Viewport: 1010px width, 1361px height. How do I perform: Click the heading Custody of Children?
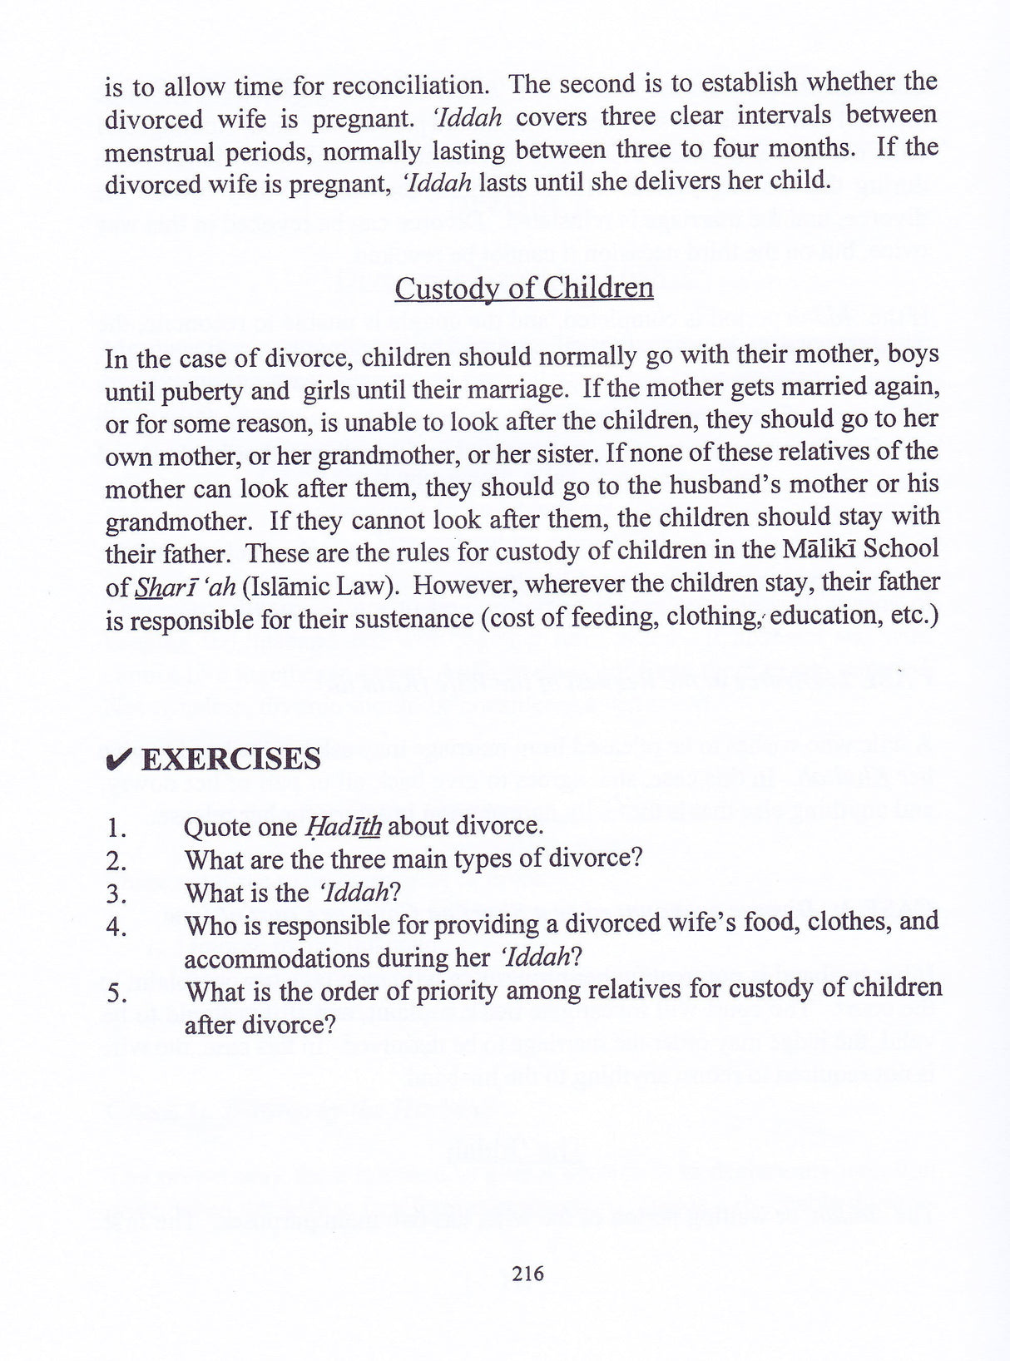point(523,289)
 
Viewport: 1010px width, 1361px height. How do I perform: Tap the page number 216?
point(527,1273)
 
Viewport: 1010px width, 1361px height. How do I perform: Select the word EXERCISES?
point(231,759)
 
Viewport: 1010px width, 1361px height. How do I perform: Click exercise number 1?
point(116,828)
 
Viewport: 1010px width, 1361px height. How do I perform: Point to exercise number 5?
point(116,992)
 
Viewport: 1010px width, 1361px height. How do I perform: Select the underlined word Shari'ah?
point(183,586)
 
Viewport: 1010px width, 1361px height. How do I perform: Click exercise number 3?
point(116,894)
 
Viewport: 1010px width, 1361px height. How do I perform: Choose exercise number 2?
point(116,861)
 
